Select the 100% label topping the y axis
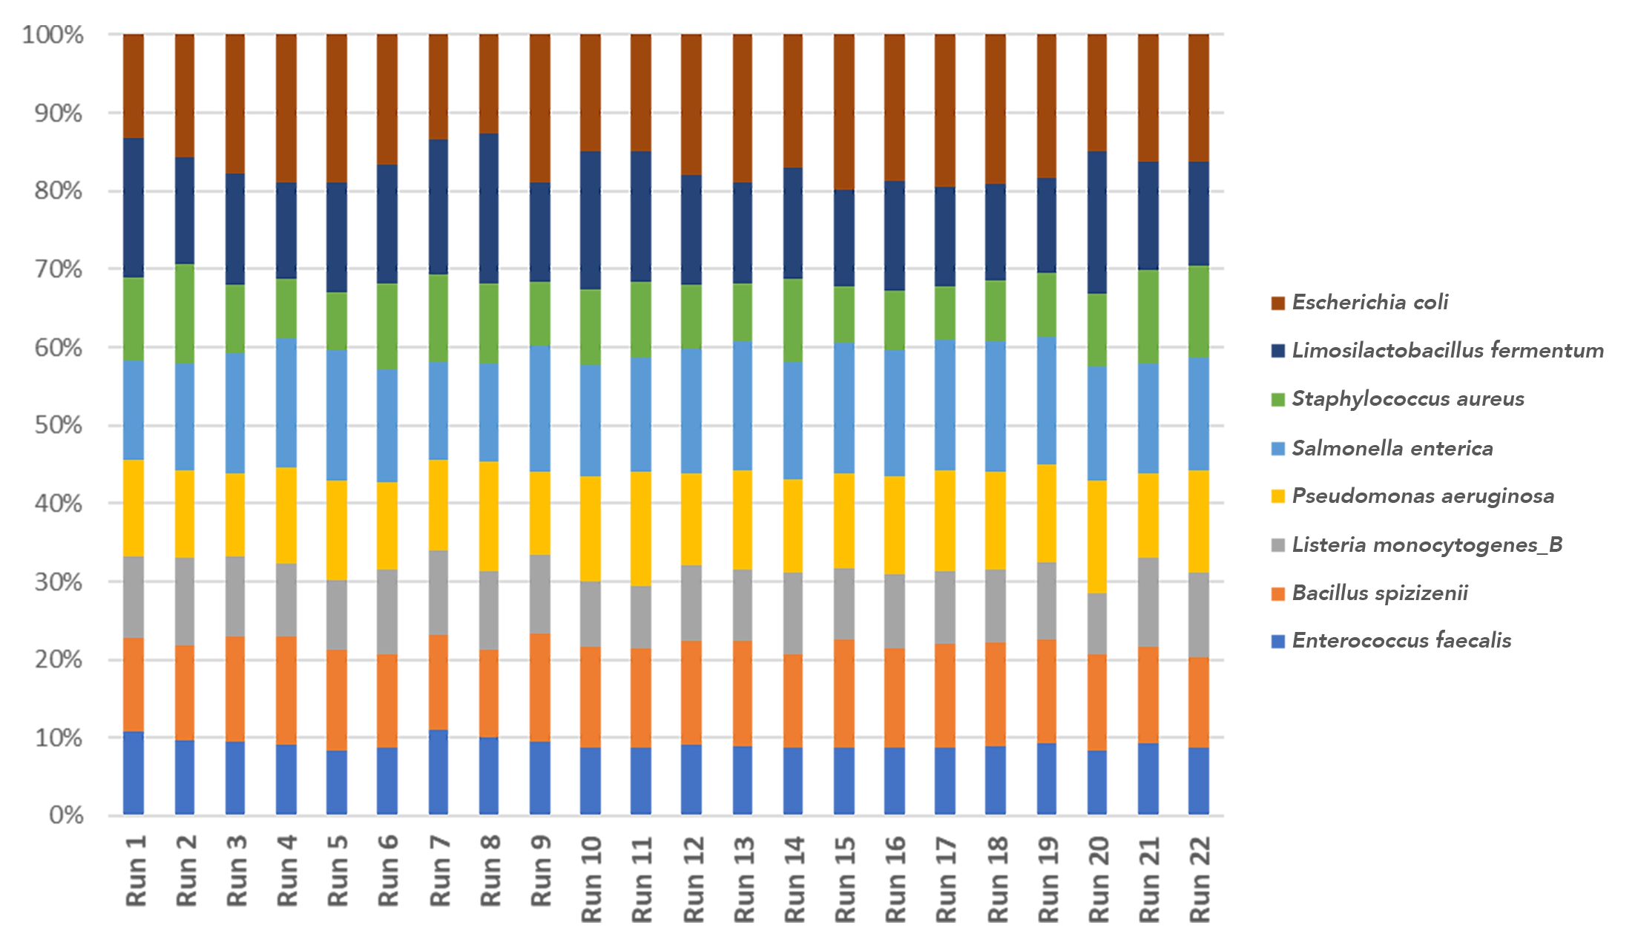coord(49,35)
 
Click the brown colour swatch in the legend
coord(1277,303)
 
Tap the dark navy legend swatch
coord(1277,352)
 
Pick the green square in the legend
coord(1277,400)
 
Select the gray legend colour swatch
coord(1277,545)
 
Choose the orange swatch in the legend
coord(1277,593)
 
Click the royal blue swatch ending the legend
coord(1277,642)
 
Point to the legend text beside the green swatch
coord(1406,400)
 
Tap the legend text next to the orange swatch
coord(1379,593)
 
